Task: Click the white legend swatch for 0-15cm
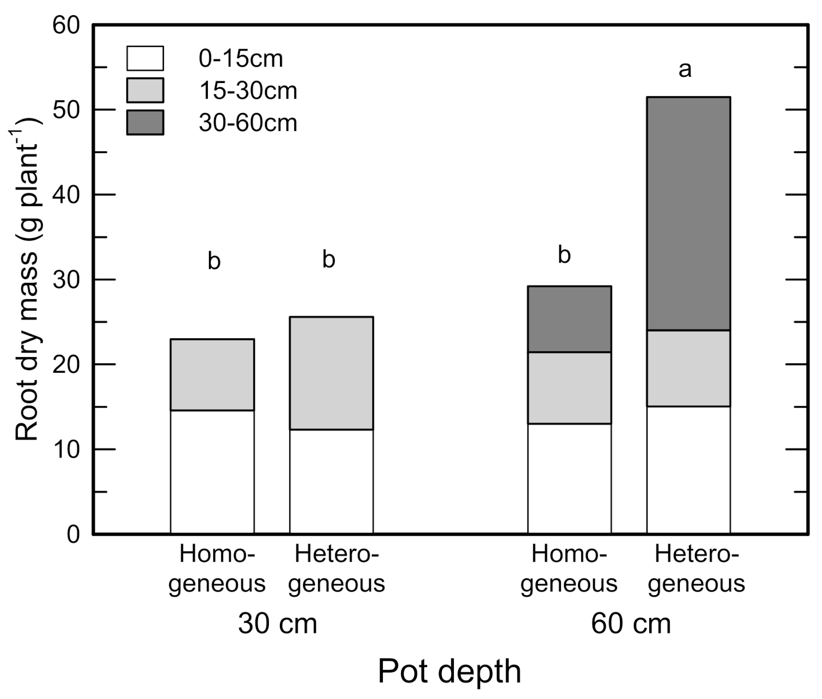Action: (145, 58)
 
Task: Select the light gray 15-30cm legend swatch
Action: (145, 90)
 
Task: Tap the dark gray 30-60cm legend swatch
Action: (145, 123)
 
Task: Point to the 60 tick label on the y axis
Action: (66, 25)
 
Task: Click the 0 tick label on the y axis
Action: (73, 535)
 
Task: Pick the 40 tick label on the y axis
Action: (66, 195)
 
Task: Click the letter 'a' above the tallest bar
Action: (685, 69)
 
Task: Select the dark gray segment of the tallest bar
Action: (688, 214)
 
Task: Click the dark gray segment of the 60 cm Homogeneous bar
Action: (569, 319)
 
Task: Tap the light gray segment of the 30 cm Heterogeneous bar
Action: (331, 373)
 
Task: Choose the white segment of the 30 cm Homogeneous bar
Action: (212, 472)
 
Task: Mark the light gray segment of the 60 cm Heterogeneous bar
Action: (688, 368)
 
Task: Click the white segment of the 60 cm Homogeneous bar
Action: (569, 479)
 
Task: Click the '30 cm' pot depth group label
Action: (277, 624)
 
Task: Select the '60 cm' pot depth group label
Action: (630, 624)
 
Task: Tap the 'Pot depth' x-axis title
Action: (449, 671)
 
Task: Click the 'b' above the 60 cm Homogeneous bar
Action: (564, 255)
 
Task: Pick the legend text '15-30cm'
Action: (248, 91)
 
